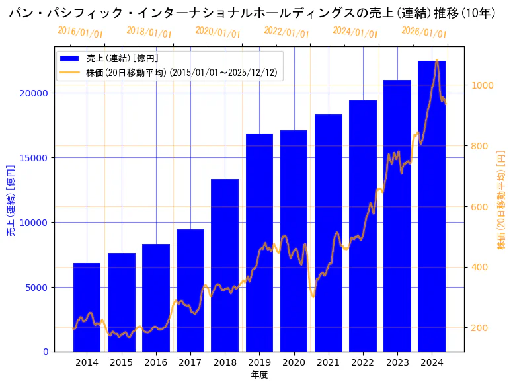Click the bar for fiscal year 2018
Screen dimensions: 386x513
(225, 264)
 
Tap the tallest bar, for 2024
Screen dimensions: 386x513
(432, 205)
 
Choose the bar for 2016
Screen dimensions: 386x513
(156, 297)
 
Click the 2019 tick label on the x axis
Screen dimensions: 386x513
(259, 362)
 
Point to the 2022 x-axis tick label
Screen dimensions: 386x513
(363, 362)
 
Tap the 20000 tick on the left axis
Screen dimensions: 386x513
(33, 93)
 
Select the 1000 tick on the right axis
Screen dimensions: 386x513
(482, 85)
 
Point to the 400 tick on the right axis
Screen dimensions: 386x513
(479, 268)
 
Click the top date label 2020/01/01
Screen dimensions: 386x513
(217, 32)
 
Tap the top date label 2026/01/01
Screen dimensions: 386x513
(424, 32)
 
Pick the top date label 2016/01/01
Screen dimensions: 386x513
(80, 32)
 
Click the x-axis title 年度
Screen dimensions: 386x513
(259, 375)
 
